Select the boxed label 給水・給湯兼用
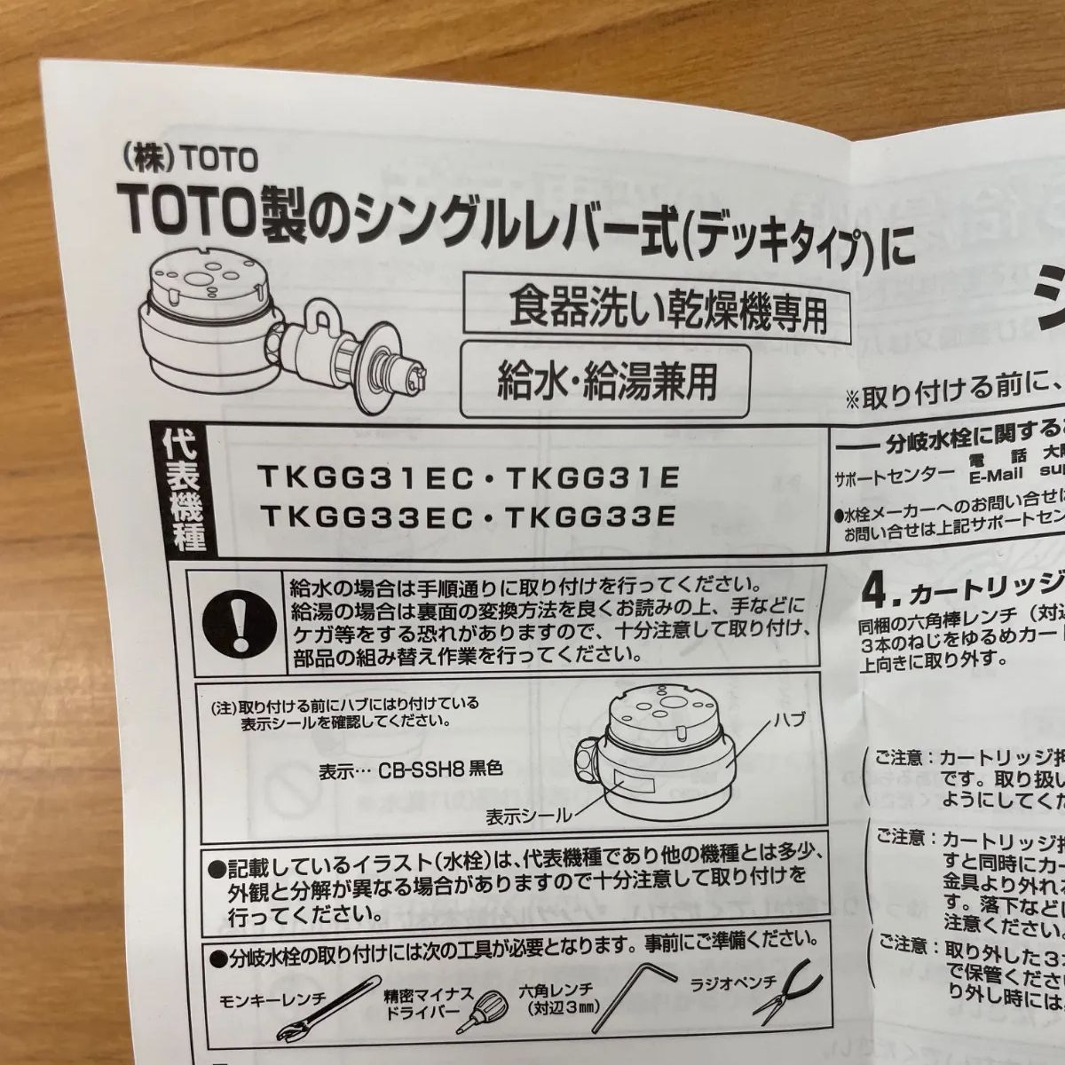point(604,382)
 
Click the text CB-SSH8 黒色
point(440,769)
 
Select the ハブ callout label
point(791,720)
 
